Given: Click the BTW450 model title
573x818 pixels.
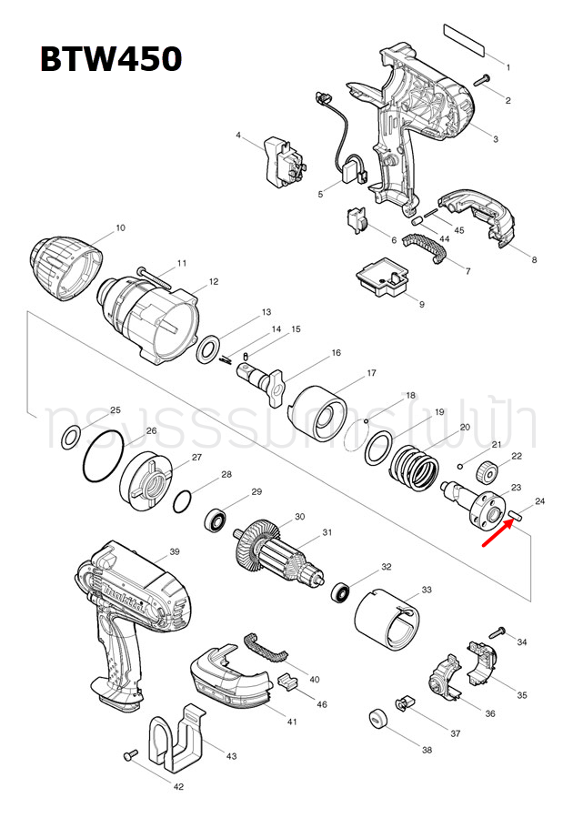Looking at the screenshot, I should click(110, 59).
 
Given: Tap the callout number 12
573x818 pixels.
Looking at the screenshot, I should click(213, 281).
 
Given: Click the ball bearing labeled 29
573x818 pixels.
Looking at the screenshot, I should click(216, 520).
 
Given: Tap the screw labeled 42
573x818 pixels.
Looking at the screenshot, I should click(130, 754).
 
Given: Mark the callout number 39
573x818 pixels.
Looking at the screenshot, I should click(175, 551).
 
